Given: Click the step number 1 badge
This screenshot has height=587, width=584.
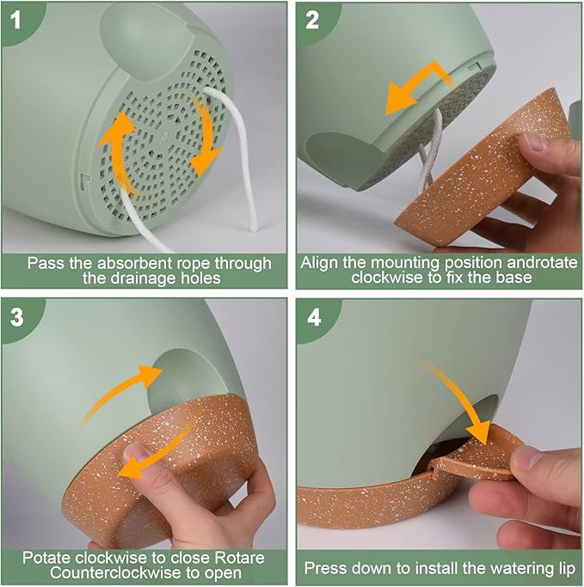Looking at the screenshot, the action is point(15,20).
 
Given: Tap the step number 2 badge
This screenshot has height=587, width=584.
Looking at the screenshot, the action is point(312,20).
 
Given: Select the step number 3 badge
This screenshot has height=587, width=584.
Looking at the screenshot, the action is point(16,317).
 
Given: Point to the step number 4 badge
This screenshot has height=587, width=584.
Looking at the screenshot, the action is point(314,318).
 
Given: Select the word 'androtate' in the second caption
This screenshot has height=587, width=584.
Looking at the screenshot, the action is point(542,262).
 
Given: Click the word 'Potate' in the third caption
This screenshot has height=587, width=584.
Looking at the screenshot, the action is point(47,558).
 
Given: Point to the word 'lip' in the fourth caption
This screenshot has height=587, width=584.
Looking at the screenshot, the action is point(567,569).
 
